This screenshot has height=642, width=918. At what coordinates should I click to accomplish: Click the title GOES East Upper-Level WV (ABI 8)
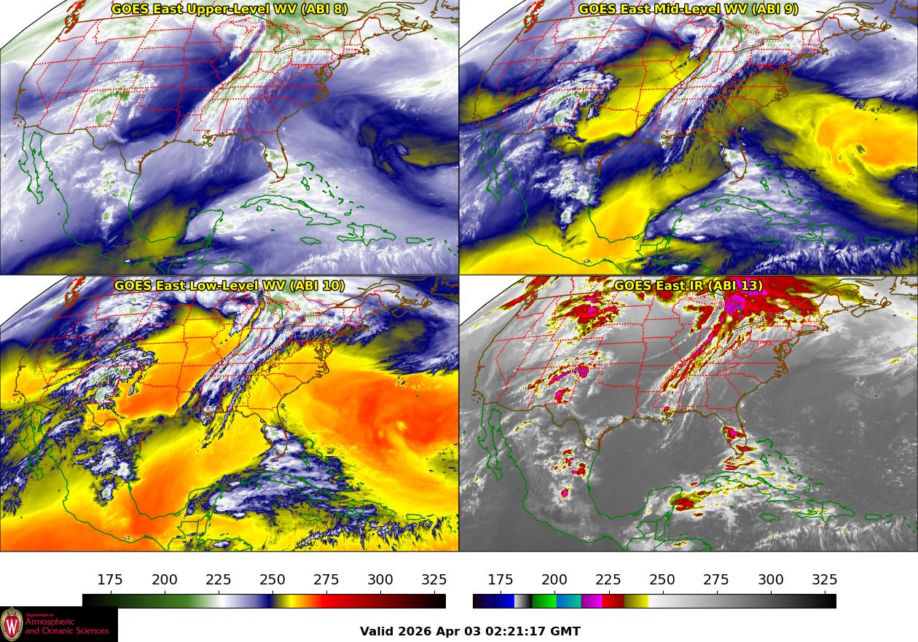(x=229, y=9)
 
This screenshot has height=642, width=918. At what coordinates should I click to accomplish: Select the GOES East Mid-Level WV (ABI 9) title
(x=688, y=9)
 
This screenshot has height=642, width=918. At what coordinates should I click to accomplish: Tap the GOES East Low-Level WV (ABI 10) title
(x=229, y=286)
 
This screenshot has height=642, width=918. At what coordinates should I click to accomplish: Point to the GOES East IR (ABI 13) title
(x=688, y=286)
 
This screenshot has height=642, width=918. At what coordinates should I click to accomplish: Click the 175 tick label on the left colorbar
(x=110, y=580)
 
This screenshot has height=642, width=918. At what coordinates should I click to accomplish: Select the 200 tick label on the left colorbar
(x=165, y=580)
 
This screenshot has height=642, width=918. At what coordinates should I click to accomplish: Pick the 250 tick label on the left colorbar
(x=272, y=580)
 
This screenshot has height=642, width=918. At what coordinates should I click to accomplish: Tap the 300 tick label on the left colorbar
(x=380, y=580)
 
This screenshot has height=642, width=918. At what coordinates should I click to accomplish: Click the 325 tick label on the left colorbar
(x=434, y=580)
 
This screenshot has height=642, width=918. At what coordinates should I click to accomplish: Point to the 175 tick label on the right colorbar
(x=501, y=580)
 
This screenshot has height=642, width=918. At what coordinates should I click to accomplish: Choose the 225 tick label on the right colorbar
(x=608, y=580)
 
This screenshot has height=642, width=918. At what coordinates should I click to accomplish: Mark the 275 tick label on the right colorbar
(x=716, y=580)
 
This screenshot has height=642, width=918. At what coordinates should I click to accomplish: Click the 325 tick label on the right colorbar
(x=825, y=580)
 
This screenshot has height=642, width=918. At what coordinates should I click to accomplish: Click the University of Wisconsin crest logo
(x=12, y=625)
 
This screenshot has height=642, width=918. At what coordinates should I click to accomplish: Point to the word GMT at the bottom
(x=566, y=631)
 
